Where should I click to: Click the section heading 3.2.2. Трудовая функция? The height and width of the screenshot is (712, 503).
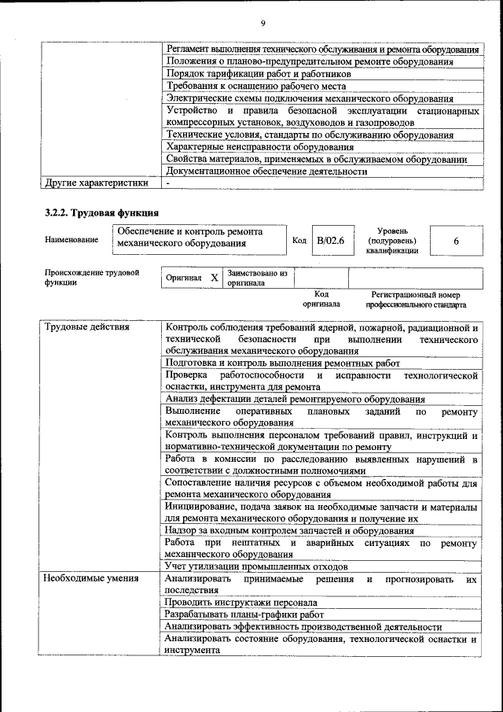[x=102, y=212]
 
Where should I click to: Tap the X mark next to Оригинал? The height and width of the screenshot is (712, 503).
[x=214, y=278]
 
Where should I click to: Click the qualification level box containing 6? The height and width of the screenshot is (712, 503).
[x=456, y=241]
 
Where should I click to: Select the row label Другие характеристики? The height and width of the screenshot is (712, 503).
[x=96, y=183]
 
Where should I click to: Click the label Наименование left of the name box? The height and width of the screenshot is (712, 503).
[x=72, y=239]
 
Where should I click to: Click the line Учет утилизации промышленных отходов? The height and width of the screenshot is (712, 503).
[x=255, y=566]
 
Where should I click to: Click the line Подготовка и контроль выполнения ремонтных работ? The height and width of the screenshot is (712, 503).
[x=283, y=363]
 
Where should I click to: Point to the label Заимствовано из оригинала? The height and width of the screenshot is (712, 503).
[x=257, y=278]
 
